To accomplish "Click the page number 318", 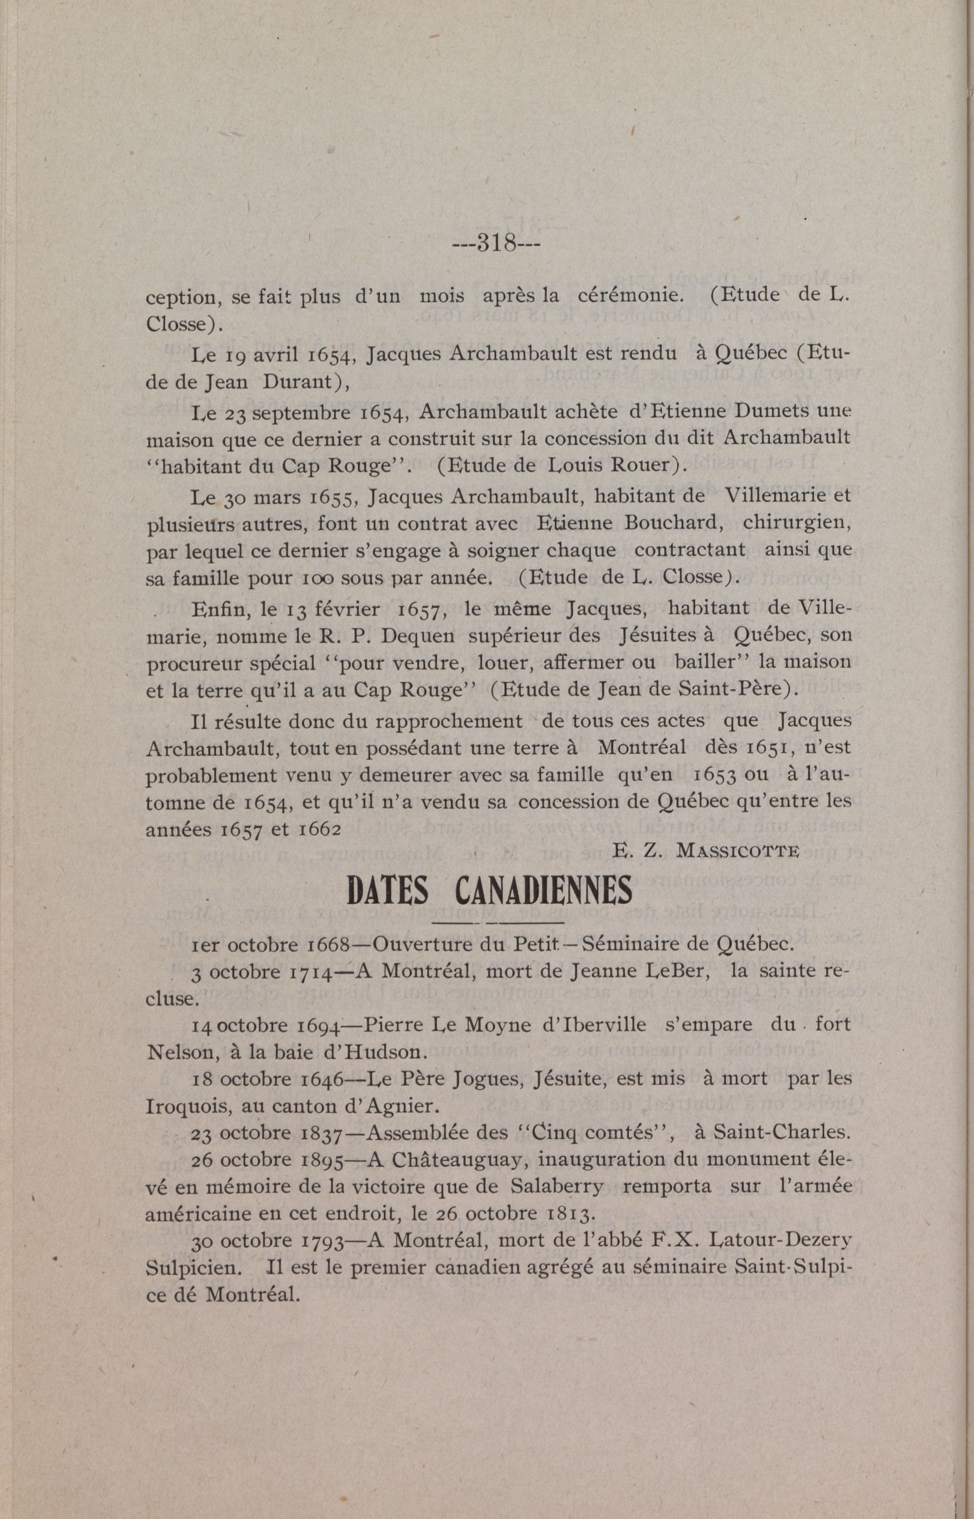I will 495,243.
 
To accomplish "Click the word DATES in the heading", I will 388,891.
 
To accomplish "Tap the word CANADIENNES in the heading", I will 543,891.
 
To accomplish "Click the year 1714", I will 310,972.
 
